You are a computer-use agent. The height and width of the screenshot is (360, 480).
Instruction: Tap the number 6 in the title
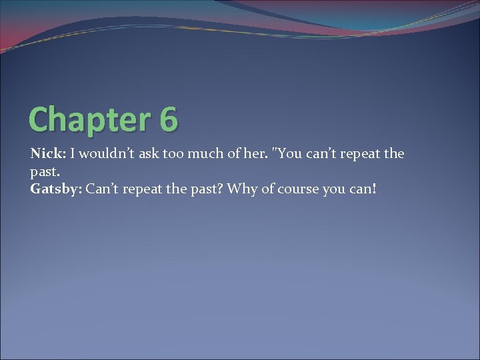coord(169,119)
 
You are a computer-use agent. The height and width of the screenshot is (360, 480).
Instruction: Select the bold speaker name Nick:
coord(47,154)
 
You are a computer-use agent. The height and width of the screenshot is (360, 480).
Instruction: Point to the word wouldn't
coord(103,154)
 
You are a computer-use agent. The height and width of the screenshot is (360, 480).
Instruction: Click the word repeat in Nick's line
coord(359,155)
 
